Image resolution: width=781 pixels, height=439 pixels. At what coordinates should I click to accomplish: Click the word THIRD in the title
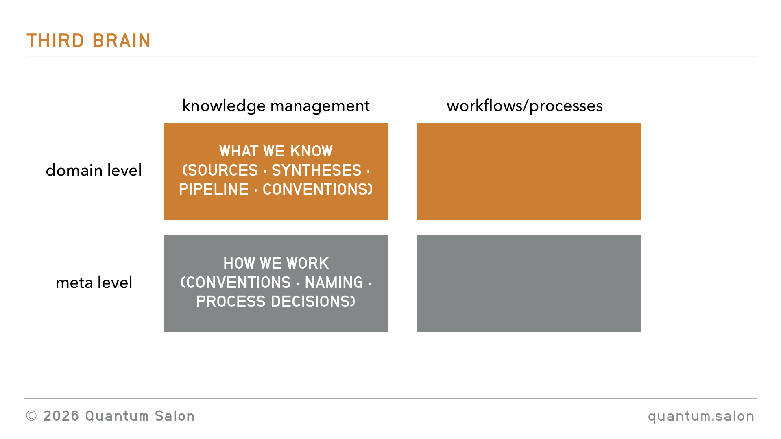(55, 41)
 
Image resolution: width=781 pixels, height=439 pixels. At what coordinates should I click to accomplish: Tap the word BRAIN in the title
(122, 41)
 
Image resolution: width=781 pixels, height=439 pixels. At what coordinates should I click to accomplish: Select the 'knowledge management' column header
(276, 106)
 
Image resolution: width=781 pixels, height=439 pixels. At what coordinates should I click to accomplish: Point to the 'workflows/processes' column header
(525, 106)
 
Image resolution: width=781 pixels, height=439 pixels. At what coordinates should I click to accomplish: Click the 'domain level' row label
(94, 170)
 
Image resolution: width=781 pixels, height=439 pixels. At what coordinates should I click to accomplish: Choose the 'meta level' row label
(94, 282)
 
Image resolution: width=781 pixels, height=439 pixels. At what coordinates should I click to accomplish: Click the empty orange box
(529, 171)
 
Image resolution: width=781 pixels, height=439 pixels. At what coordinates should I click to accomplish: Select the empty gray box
(529, 283)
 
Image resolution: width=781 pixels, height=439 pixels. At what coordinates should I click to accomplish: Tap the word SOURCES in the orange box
(223, 170)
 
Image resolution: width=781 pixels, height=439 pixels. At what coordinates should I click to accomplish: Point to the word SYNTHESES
(316, 170)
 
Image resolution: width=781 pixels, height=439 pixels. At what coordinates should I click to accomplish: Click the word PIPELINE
(214, 189)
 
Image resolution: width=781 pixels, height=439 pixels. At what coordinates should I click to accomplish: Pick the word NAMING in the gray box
(334, 283)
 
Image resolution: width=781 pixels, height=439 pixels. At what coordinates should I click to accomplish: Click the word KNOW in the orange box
(312, 151)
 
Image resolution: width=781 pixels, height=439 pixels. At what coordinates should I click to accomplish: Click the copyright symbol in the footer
(31, 416)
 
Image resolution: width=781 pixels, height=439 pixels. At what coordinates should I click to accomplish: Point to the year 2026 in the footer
(61, 416)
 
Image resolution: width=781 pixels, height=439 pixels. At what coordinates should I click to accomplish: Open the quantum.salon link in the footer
(701, 416)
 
